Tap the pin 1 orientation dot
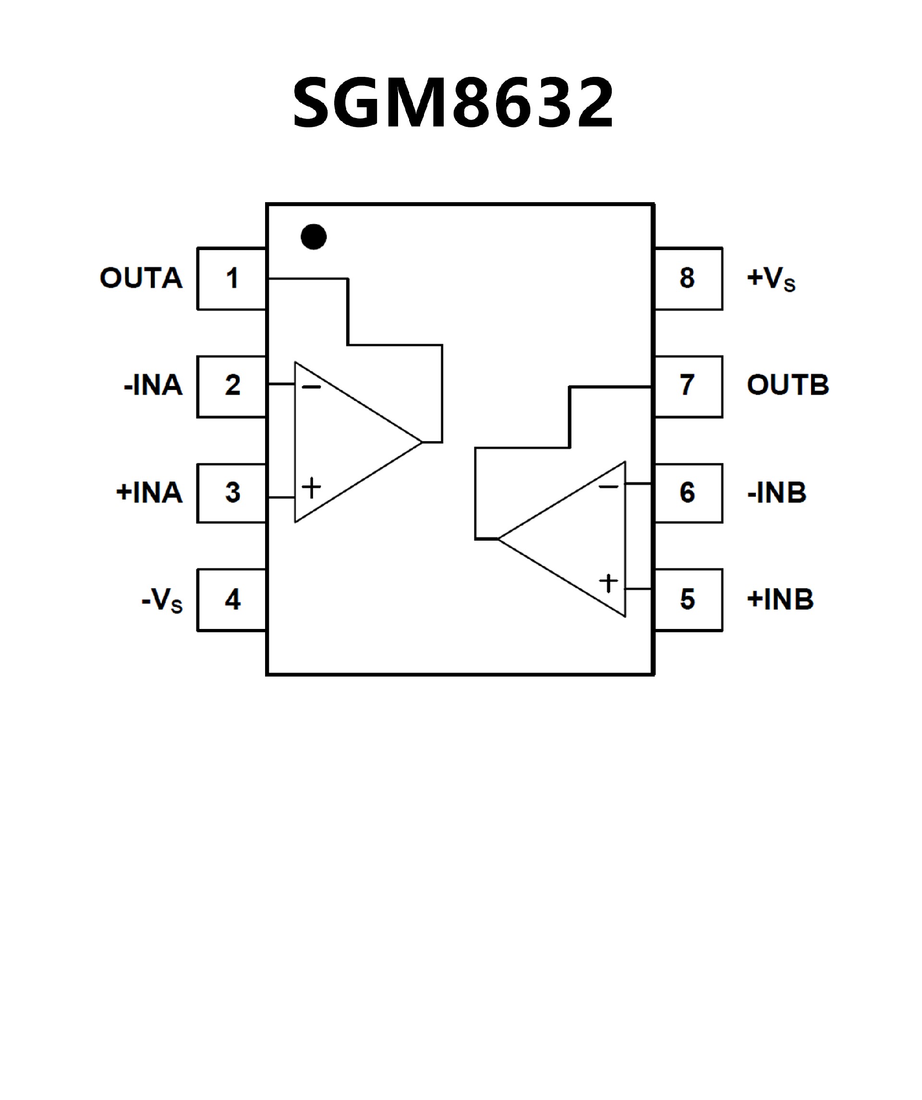tap(314, 237)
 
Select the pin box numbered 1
tap(232, 278)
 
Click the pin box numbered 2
tap(232, 386)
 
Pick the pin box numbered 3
tap(232, 493)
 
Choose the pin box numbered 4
tap(232, 600)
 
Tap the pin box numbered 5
tap(688, 600)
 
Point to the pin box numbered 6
tap(688, 493)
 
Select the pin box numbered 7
tap(688, 386)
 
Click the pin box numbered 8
tap(688, 278)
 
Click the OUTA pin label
tap(142, 278)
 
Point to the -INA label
tap(153, 386)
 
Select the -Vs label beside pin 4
tap(162, 600)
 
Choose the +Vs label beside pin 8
tap(771, 278)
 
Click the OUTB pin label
tap(788, 386)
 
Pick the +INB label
tap(780, 600)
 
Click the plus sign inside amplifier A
tap(311, 488)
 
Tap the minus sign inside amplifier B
tap(608, 487)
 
